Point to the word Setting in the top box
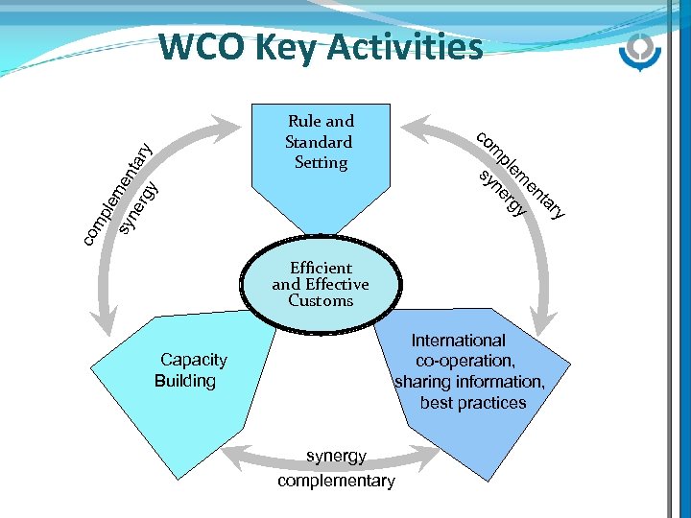tap(321, 162)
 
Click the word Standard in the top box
tap(319, 142)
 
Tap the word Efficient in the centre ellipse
tap(321, 268)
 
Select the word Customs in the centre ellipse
tap(321, 300)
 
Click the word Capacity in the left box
tap(194, 360)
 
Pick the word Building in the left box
tap(185, 381)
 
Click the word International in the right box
tap(458, 341)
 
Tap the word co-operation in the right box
tap(465, 361)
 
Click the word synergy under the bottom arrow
tap(336, 457)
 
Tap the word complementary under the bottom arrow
tap(336, 481)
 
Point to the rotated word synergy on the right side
tap(503, 193)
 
